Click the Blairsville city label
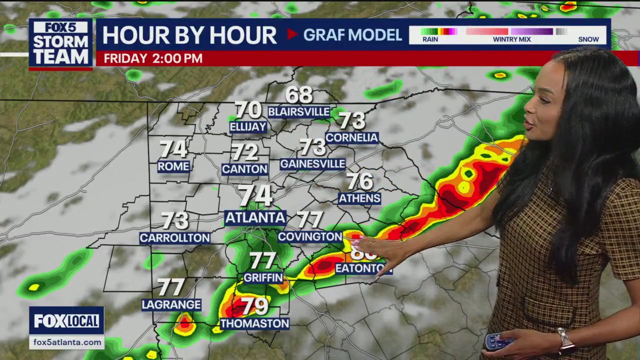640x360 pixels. pyautogui.click(x=299, y=111)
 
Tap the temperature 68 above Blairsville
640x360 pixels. pyautogui.click(x=299, y=94)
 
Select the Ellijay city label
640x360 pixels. pyautogui.click(x=248, y=127)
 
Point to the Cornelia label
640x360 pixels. pyautogui.click(x=351, y=137)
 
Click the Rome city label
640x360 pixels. pyautogui.click(x=173, y=166)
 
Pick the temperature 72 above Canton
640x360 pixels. pyautogui.click(x=244, y=152)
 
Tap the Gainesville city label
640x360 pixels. pyautogui.click(x=313, y=164)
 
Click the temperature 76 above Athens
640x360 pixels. pyautogui.click(x=359, y=181)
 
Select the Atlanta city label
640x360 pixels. pyautogui.click(x=255, y=217)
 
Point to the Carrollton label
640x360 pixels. pyautogui.click(x=174, y=238)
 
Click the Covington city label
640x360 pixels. pyautogui.click(x=310, y=236)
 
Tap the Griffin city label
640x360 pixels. pyautogui.click(x=263, y=277)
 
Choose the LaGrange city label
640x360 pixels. pyautogui.click(x=171, y=304)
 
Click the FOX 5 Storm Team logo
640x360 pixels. pyautogui.click(x=60, y=44)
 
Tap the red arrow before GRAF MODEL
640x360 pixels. pyautogui.click(x=292, y=34)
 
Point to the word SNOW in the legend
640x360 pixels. pyautogui.click(x=588, y=39)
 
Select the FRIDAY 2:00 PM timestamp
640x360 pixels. pyautogui.click(x=153, y=58)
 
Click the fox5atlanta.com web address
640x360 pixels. pyautogui.click(x=66, y=342)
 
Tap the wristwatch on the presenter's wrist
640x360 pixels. pyautogui.click(x=565, y=341)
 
